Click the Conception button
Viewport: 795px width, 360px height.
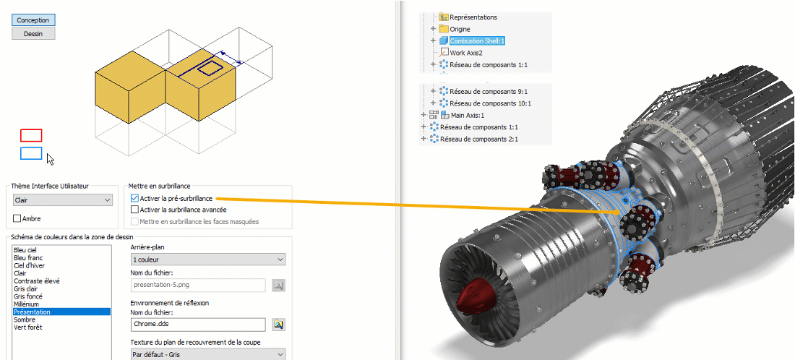coord(33,20)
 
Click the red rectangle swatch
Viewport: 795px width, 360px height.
coord(31,135)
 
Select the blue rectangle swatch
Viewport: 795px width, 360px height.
coord(31,153)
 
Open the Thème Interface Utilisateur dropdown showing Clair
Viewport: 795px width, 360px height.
coord(63,200)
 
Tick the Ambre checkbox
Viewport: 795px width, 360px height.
coord(17,218)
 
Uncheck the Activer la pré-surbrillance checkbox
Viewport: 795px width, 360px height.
coord(134,198)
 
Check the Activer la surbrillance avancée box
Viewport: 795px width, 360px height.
coord(134,209)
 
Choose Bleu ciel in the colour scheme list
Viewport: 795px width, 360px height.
coord(25,250)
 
